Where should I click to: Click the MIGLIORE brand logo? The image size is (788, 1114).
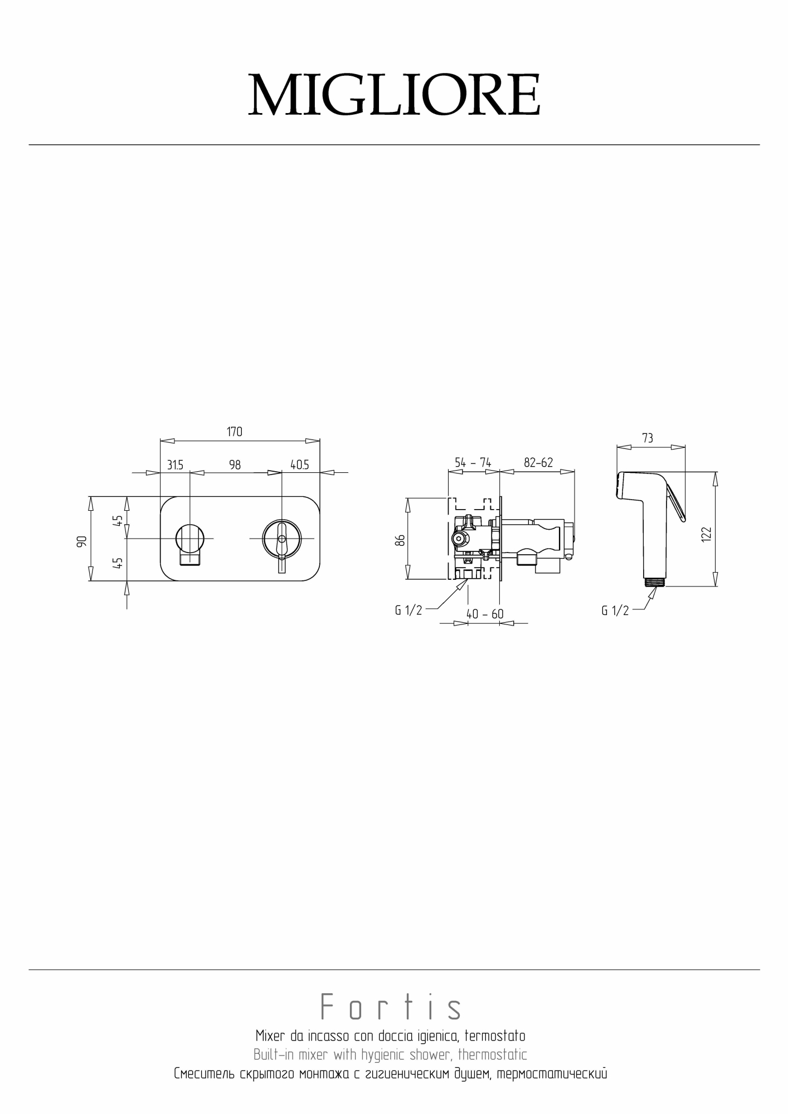click(x=394, y=95)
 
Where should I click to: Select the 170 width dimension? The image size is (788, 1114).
click(x=235, y=432)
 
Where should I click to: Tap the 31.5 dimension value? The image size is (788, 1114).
click(x=175, y=465)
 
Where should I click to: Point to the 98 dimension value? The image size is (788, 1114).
click(x=235, y=465)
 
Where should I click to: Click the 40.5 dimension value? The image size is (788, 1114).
click(x=299, y=465)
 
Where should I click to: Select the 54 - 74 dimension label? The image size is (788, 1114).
click(x=473, y=462)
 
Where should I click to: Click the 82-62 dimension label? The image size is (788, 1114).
click(x=538, y=462)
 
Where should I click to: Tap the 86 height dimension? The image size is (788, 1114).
click(x=399, y=540)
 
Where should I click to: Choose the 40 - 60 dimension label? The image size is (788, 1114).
click(x=485, y=614)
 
